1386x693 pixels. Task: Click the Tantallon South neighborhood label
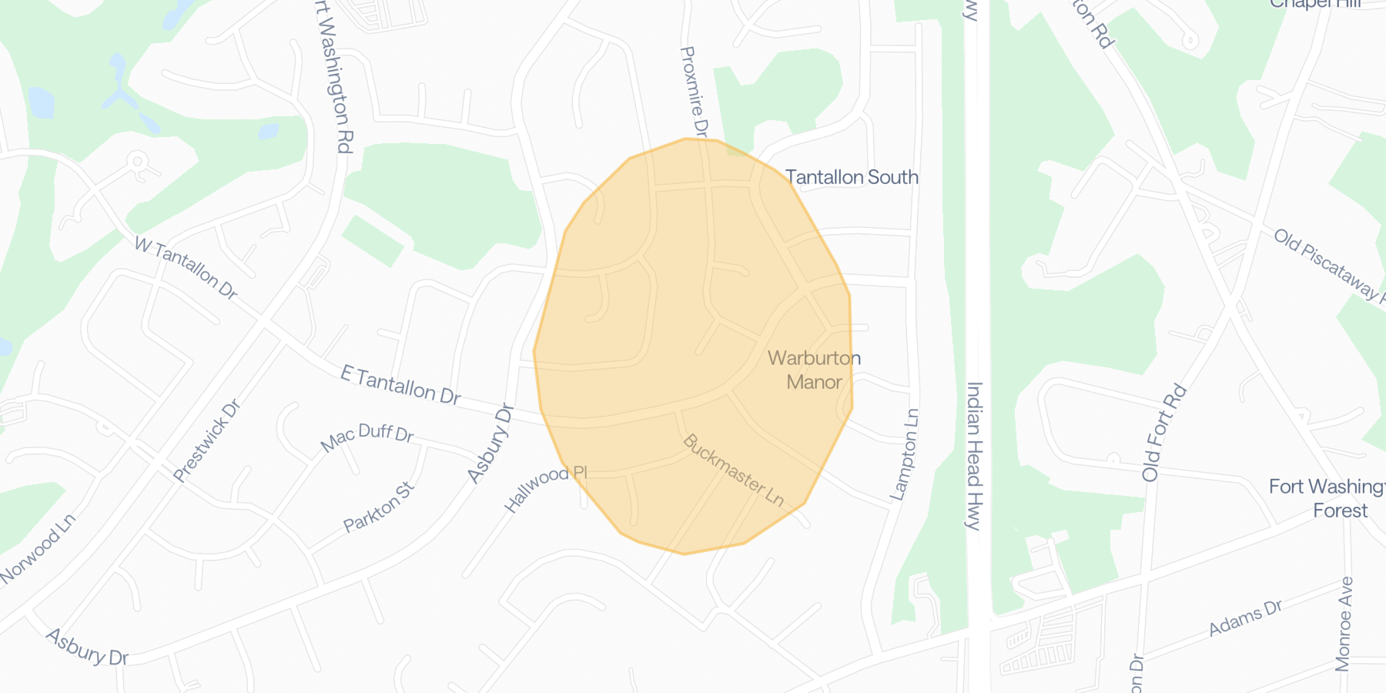[852, 178]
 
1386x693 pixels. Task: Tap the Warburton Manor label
[814, 370]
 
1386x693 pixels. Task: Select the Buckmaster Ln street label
[732, 470]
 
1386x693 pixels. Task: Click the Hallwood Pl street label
[545, 488]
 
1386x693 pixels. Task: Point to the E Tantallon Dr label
[400, 385]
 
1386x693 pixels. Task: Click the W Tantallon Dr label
[186, 267]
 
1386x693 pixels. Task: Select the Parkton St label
[379, 507]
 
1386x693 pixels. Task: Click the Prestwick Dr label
[207, 440]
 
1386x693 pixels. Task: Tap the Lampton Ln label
[906, 454]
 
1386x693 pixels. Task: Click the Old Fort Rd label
[1163, 433]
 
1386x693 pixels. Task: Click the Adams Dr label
[1245, 618]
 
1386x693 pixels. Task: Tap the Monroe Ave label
[1344, 624]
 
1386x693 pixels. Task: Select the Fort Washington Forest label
[1328, 498]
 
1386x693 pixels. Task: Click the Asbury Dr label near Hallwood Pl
[490, 444]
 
